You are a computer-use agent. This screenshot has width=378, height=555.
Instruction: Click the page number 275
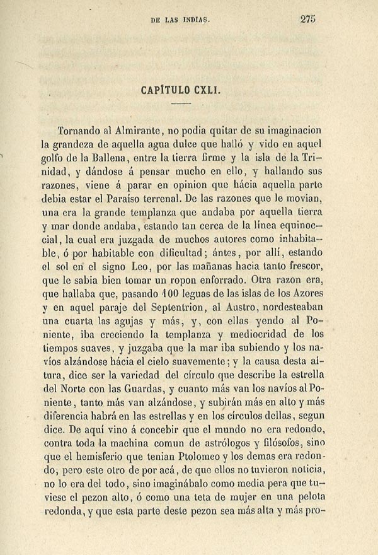coord(307,19)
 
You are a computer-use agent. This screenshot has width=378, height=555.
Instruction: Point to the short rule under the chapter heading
coord(180,103)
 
